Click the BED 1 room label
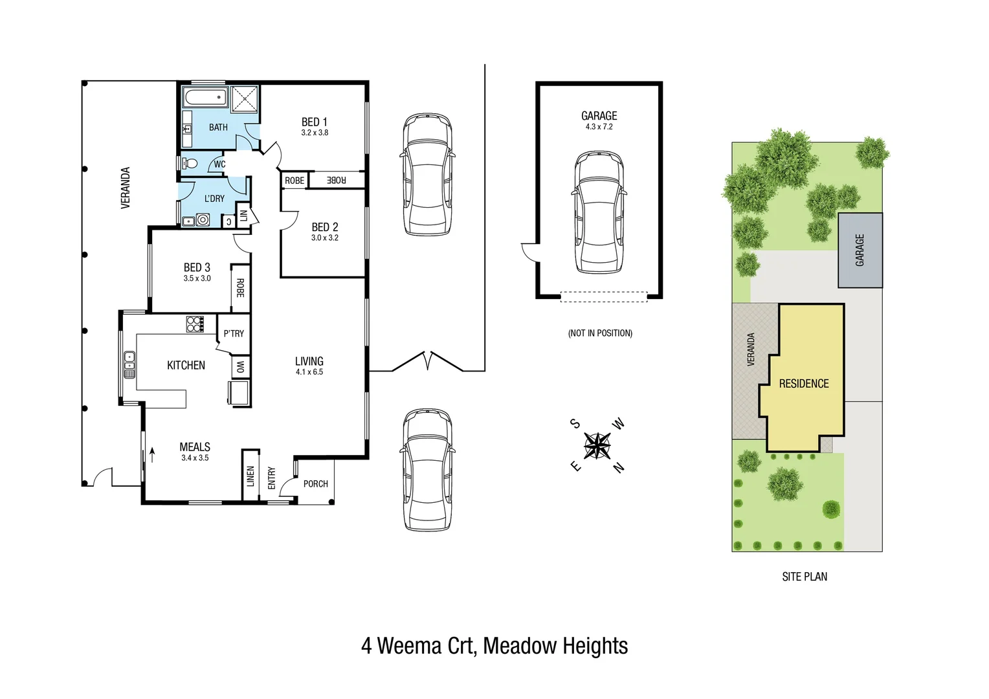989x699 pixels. [x=315, y=122]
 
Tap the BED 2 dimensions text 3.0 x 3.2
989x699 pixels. [x=324, y=238]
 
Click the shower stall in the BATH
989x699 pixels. [x=245, y=99]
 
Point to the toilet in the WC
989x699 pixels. [x=190, y=163]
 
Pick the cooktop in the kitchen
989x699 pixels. [x=195, y=324]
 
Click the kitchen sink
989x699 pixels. [x=129, y=364]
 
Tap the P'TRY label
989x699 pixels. [x=234, y=333]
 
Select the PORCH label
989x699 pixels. [x=315, y=483]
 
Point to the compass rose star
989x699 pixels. [x=597, y=445]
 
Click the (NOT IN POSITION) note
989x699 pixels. [x=600, y=333]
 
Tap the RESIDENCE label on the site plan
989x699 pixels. [x=804, y=384]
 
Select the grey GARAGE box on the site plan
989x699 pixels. [x=860, y=250]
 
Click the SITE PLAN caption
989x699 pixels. [x=805, y=577]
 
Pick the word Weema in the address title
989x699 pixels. [x=410, y=646]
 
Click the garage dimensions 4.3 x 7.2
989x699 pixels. [x=599, y=127]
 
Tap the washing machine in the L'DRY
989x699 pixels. [x=203, y=220]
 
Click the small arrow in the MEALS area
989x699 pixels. [x=153, y=454]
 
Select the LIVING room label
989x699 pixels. [x=309, y=361]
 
